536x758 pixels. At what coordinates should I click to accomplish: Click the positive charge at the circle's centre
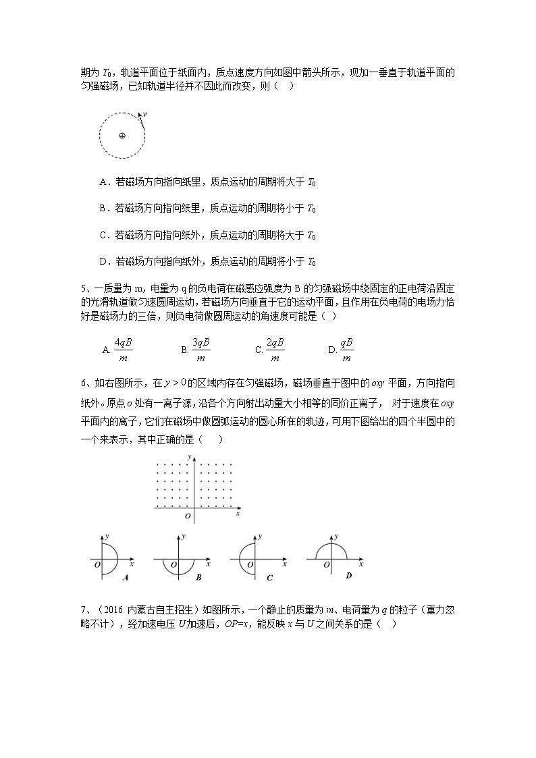coord(122,135)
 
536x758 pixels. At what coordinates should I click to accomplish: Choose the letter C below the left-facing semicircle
coord(269,577)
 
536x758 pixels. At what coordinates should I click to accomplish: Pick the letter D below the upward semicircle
coord(348,575)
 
